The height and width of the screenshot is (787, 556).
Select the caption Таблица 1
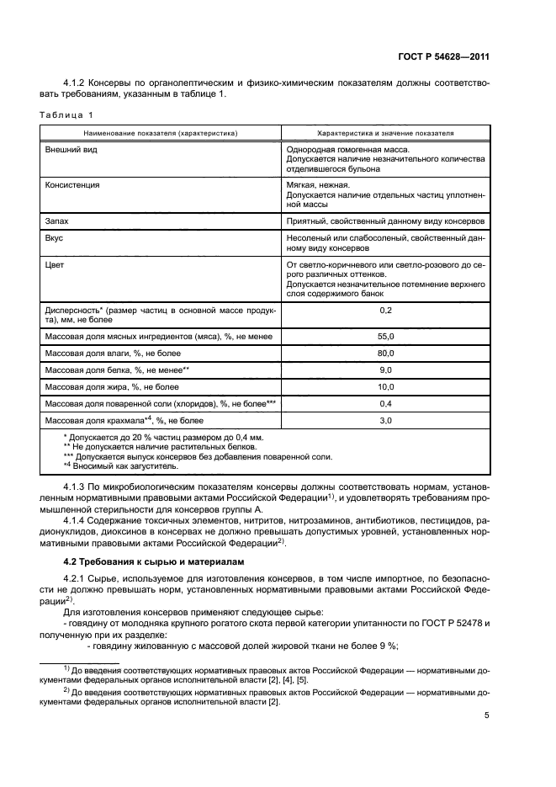[x=65, y=114]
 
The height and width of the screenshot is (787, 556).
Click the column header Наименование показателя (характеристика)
[x=160, y=133]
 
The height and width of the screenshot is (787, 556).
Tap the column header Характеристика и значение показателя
[x=385, y=133]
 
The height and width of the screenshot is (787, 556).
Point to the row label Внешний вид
[x=68, y=150]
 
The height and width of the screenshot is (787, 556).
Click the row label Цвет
[x=55, y=265]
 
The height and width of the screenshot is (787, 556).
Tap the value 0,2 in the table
[x=385, y=311]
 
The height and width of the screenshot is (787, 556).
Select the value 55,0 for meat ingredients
[x=385, y=336]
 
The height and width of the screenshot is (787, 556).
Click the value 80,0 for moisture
[x=385, y=353]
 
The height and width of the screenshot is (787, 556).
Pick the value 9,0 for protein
[x=385, y=370]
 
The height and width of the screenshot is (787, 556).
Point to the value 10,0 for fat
[x=385, y=386]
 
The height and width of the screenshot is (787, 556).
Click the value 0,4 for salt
[x=385, y=403]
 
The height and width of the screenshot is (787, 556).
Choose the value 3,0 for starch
[x=385, y=419]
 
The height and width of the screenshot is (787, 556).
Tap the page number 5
[x=487, y=716]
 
